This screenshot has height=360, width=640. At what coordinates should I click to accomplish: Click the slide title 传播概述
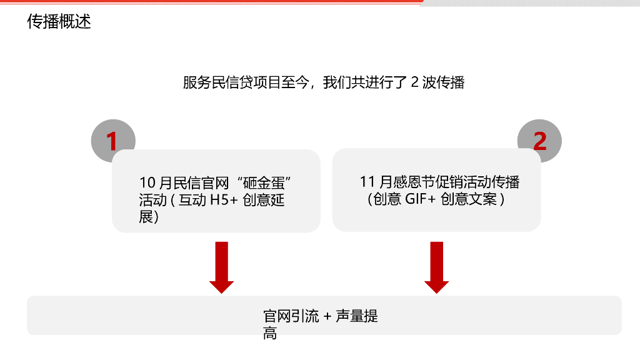59,22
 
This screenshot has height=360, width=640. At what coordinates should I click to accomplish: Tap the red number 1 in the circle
112,142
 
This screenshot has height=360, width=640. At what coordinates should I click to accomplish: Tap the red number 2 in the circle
539,141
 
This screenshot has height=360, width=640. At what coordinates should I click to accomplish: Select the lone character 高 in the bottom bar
270,334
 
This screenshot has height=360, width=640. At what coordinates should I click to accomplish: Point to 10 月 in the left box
155,184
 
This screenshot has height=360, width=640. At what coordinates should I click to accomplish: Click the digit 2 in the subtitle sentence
414,83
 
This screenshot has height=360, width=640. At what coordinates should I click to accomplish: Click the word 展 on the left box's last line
146,217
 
